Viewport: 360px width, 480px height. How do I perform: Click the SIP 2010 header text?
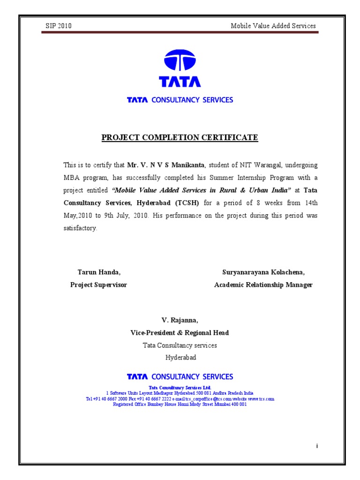coord(58,26)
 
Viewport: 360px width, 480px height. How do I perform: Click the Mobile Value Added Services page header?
coord(273,26)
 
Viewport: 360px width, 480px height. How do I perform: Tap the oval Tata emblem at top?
coord(180,61)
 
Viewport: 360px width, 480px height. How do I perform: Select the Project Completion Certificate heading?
coord(180,137)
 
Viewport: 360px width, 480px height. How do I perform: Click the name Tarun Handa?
coord(99,272)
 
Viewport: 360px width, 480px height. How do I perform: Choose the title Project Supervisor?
coord(98,285)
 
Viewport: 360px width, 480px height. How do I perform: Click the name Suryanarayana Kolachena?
coord(263,272)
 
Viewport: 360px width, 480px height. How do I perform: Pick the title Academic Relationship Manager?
coord(263,285)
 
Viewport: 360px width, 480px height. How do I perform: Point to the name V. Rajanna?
coord(180,320)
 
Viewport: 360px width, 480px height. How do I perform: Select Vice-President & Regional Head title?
coord(180,332)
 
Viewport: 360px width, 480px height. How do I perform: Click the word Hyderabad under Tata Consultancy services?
coord(180,357)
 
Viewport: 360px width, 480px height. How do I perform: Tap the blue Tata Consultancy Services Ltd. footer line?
coord(180,388)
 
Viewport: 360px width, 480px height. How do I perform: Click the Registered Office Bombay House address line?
coord(180,405)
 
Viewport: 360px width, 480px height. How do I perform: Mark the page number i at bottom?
coord(317,446)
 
